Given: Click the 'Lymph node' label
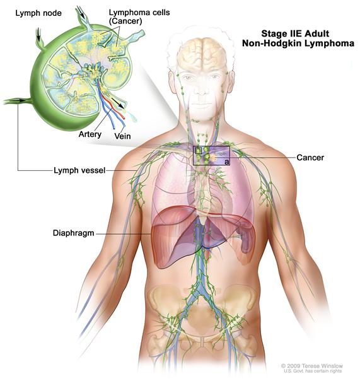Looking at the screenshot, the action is click(x=38, y=13).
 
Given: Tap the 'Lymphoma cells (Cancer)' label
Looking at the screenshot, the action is click(x=139, y=16).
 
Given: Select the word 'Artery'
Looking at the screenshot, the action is click(x=90, y=134).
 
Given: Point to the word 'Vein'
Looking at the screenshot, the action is click(x=122, y=136).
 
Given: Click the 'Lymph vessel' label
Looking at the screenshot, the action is click(x=79, y=170).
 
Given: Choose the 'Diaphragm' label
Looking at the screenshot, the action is click(x=73, y=233).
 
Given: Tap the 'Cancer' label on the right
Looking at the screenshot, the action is click(x=310, y=158).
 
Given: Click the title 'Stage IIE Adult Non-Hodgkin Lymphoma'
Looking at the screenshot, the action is click(x=298, y=38).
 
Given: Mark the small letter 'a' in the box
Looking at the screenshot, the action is click(x=226, y=162).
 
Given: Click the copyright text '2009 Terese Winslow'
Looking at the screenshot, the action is click(x=312, y=366).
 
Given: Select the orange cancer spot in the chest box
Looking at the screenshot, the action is click(x=212, y=158).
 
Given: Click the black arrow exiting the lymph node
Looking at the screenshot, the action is click(x=117, y=103).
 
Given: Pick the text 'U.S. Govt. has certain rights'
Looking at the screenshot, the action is click(x=313, y=371).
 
